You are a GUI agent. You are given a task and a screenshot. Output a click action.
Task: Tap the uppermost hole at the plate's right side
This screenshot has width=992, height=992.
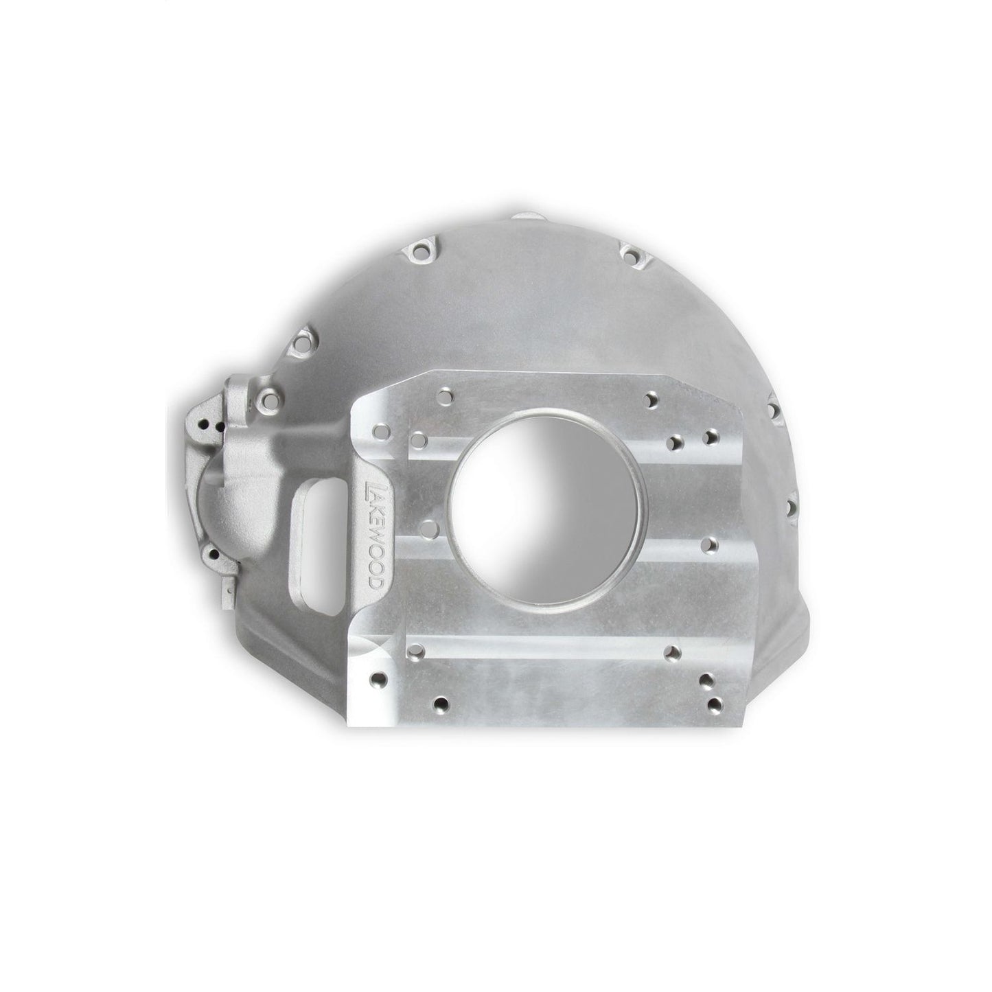(650, 399)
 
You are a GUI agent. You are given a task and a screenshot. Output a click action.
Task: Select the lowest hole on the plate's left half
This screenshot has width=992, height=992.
(443, 704)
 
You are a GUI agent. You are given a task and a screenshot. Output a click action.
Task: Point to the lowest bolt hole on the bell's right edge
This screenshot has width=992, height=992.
(790, 508)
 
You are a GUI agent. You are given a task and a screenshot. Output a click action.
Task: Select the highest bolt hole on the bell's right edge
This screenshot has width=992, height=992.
(774, 411)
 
